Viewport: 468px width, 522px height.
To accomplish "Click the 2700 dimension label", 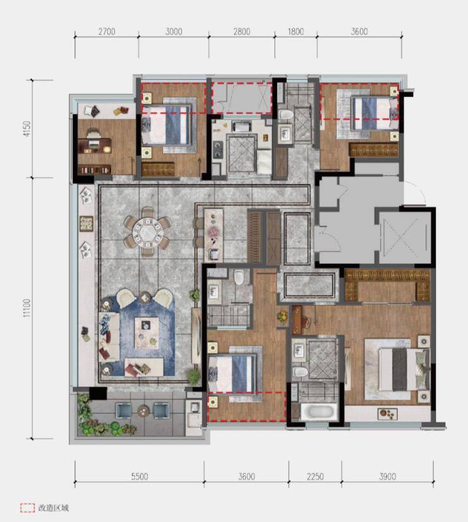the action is click(107, 32).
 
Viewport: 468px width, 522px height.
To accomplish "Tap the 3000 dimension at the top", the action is click(174, 32).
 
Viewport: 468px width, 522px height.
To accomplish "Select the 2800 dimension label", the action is click(242, 32).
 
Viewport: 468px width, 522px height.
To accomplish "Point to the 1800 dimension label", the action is click(295, 32).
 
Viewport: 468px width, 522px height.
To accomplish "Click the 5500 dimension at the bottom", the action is click(140, 476).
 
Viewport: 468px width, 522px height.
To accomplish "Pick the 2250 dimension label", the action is click(315, 476).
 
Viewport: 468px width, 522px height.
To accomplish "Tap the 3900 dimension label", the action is click(388, 476).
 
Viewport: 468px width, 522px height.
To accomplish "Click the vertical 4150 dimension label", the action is click(27, 128).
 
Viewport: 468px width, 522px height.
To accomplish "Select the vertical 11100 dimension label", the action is click(27, 308).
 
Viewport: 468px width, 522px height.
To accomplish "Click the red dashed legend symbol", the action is click(27, 507).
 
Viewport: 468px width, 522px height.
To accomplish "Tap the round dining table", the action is click(147, 232).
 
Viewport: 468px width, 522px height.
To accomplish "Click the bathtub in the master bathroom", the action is click(317, 411).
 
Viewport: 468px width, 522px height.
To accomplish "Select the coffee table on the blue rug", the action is click(147, 333).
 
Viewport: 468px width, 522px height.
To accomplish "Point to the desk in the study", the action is click(94, 146).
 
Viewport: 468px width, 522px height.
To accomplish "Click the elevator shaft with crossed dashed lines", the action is click(405, 237).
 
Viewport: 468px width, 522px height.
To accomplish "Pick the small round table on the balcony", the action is click(144, 411).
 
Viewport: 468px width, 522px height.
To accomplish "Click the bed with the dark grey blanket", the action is click(403, 370).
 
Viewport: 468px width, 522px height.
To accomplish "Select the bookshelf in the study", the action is click(94, 170).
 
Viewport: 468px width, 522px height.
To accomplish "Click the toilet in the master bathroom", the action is click(300, 372).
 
